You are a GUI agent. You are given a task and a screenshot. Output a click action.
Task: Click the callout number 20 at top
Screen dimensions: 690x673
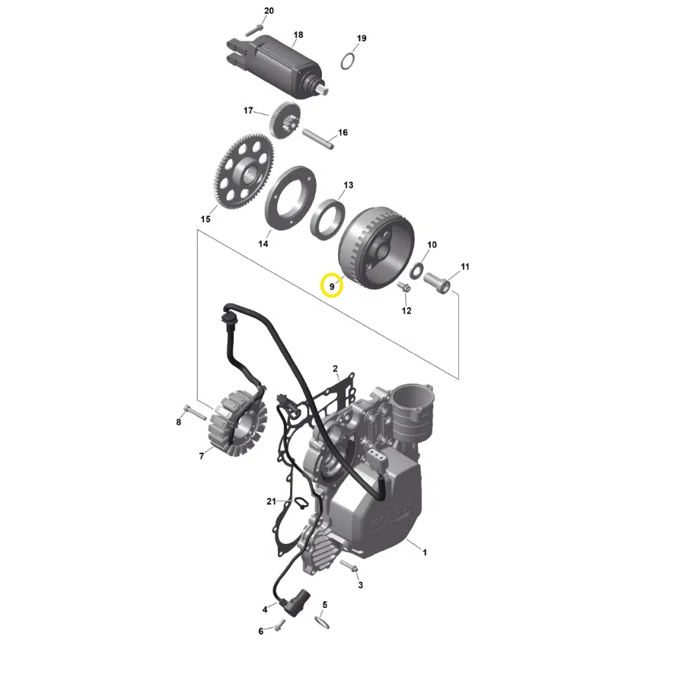click(x=268, y=11)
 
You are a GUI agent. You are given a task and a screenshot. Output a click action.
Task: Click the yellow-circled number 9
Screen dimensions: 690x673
click(x=332, y=286)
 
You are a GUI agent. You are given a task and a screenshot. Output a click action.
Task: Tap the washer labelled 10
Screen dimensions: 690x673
click(x=418, y=269)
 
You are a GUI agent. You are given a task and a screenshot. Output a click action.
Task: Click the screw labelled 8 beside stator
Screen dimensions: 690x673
click(x=194, y=414)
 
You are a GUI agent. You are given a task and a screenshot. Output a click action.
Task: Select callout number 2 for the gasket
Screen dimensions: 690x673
click(x=335, y=369)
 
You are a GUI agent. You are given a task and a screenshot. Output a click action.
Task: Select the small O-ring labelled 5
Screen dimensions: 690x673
click(x=323, y=622)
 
